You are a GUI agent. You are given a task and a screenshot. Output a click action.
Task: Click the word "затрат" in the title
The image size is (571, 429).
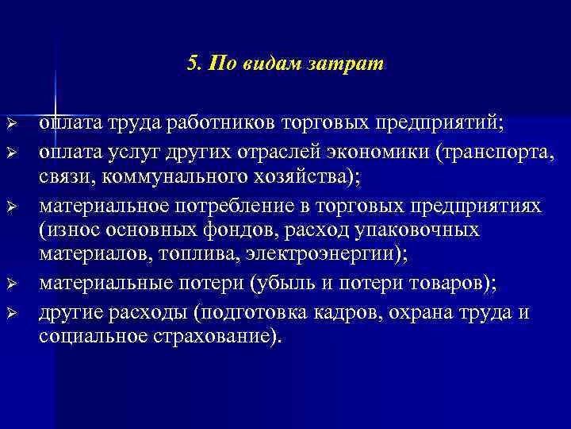pos(352,64)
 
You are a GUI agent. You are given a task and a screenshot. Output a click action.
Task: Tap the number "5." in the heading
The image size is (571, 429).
pos(196,64)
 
